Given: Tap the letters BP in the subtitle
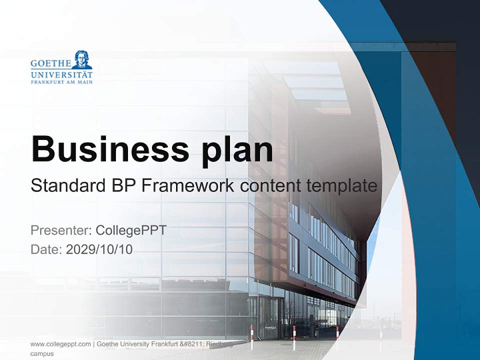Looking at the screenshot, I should pyautogui.click(x=121, y=186).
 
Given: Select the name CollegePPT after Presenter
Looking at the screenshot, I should pyautogui.click(x=130, y=230).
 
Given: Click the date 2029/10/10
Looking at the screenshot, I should pyautogui.click(x=99, y=249).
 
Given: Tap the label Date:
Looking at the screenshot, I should pyautogui.click(x=46, y=249).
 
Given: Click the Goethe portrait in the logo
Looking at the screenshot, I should pyautogui.click(x=81, y=59).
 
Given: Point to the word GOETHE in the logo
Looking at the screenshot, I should pyautogui.click(x=50, y=63).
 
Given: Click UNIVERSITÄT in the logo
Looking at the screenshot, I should pyautogui.click(x=61, y=74).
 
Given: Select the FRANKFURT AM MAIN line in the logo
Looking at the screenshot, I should pyautogui.click(x=61, y=82).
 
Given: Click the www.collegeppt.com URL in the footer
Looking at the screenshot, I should pyautogui.click(x=60, y=344).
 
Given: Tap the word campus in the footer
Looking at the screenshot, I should pyautogui.click(x=42, y=353).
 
